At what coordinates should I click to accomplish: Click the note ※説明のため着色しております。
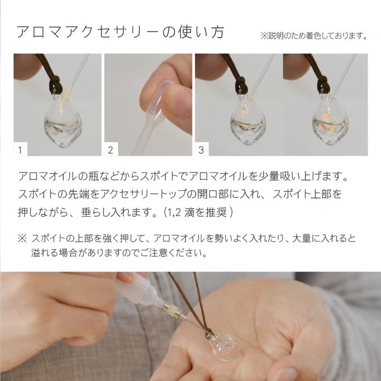(x=314, y=36)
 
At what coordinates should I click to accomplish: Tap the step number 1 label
(x=20, y=150)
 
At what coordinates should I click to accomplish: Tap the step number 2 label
(x=110, y=150)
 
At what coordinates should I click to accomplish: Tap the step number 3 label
(x=201, y=150)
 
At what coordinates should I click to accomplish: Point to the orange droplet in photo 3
(x=242, y=112)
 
